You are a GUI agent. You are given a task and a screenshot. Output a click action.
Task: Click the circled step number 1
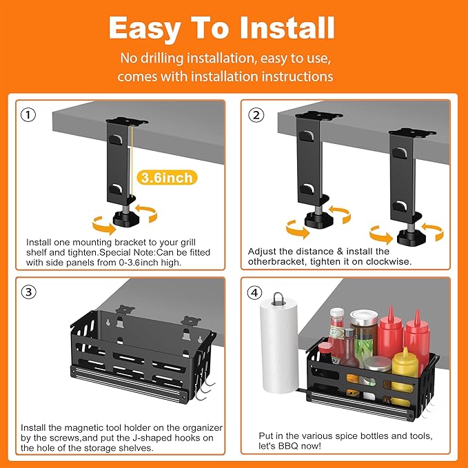click(x=28, y=115)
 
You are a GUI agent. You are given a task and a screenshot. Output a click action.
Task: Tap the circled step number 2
click(x=256, y=115)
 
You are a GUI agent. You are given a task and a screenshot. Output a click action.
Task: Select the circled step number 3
click(x=28, y=291)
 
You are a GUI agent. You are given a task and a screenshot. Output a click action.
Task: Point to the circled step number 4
click(x=256, y=292)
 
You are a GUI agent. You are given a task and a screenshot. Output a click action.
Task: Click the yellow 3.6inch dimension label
click(x=165, y=178)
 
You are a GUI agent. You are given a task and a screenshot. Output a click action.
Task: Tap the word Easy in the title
click(x=144, y=28)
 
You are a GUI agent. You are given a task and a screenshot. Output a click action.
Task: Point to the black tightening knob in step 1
click(x=125, y=219)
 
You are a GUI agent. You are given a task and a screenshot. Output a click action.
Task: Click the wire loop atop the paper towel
click(x=278, y=300)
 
